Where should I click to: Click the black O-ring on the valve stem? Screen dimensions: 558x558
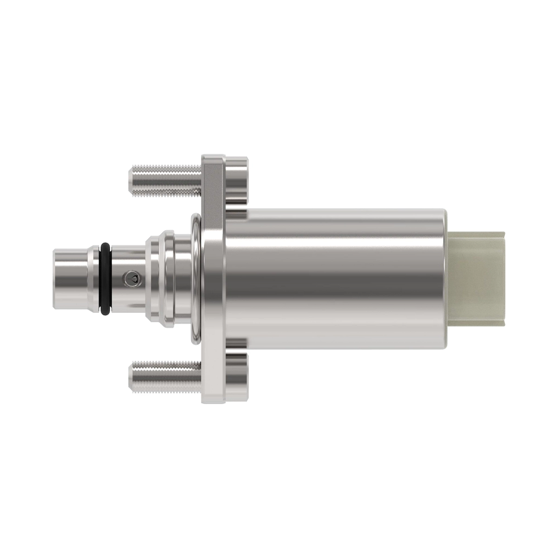(x=105, y=279)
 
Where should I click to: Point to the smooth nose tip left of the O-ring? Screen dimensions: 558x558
(x=70, y=279)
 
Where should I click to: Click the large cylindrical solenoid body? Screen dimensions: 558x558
(x=335, y=279)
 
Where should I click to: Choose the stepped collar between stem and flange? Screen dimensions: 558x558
(x=160, y=279)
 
